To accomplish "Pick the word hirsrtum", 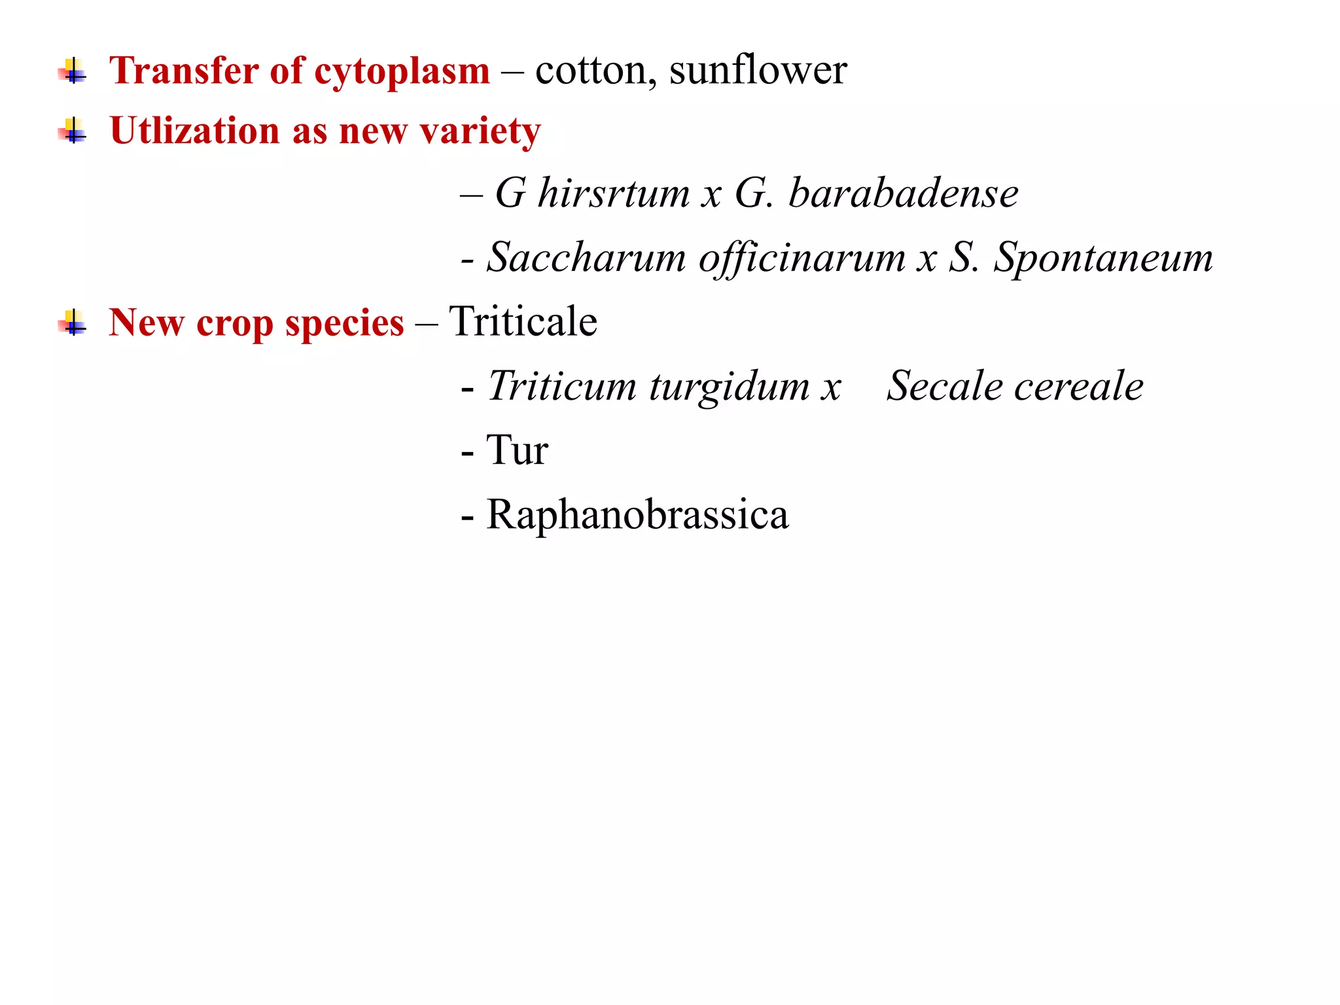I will click(x=614, y=194).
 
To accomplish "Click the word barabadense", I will click(x=904, y=194).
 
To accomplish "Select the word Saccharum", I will click(x=586, y=257).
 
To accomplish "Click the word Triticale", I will click(x=523, y=321).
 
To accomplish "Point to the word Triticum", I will click(x=562, y=385).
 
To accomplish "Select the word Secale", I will click(x=943, y=385).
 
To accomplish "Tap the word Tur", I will click(x=517, y=450).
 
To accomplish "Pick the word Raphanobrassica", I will click(x=637, y=515).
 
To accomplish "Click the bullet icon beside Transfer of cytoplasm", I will click(x=72, y=71).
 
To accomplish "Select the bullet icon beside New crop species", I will click(x=72, y=323).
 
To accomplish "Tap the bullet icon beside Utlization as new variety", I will click(x=72, y=130).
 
